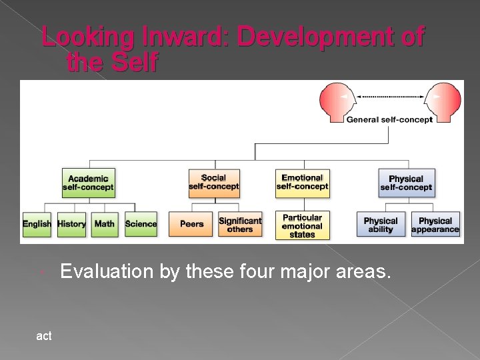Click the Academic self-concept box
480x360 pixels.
point(88,183)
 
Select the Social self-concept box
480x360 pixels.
point(213,183)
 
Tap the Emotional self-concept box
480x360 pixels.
point(302,183)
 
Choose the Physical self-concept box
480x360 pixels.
point(406,183)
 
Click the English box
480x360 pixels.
point(37,224)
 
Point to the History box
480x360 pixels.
point(71,224)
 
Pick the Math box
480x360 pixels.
point(105,224)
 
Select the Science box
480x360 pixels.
point(141,224)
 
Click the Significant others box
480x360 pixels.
point(240,225)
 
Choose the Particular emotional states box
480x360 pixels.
point(302,225)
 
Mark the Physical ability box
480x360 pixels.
point(381,225)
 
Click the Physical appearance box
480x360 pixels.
point(435,225)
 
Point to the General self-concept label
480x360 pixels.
point(389,120)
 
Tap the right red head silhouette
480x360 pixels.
point(442,101)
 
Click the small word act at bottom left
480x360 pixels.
point(44,337)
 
